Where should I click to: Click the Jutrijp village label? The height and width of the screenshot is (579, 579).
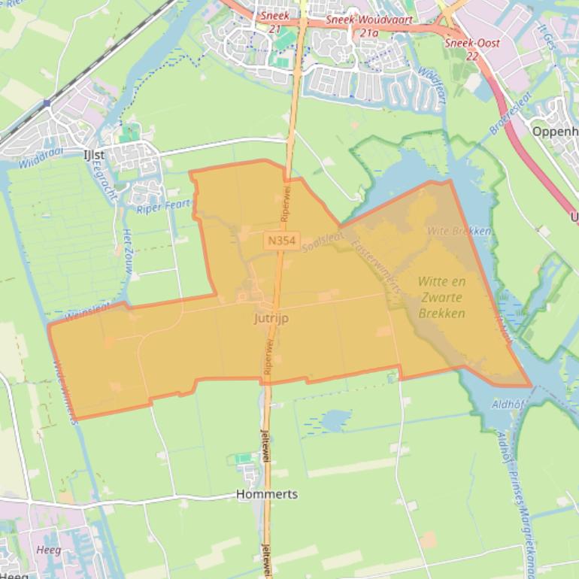[271, 318]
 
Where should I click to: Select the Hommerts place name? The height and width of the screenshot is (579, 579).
[266, 495]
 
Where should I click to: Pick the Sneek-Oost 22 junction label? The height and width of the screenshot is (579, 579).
[462, 49]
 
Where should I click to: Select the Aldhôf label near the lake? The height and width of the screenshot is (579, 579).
[508, 404]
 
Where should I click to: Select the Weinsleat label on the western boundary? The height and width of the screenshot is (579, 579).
[86, 312]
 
